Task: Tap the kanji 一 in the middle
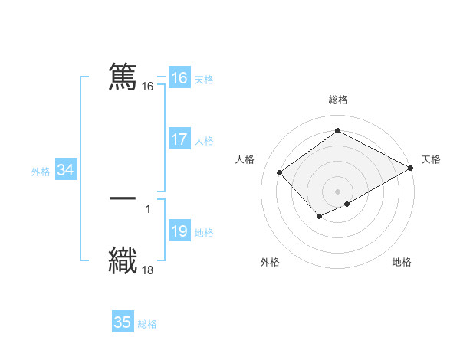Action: click(123, 198)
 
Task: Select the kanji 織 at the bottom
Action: click(123, 259)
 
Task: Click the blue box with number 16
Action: click(179, 78)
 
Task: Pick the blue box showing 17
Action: click(179, 139)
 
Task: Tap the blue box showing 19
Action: click(179, 231)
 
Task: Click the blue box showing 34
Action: click(65, 170)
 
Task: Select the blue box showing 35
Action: click(123, 322)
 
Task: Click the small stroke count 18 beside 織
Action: click(148, 270)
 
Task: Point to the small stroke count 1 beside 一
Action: click(148, 208)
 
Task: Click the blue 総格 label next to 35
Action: click(147, 324)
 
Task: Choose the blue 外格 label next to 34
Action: click(41, 172)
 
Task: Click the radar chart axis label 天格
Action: click(431, 159)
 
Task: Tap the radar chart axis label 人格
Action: click(245, 159)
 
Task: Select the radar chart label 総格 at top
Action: click(338, 100)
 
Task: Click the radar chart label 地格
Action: click(402, 262)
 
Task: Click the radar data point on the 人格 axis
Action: click(280, 173)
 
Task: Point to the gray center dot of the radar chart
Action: click(338, 191)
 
